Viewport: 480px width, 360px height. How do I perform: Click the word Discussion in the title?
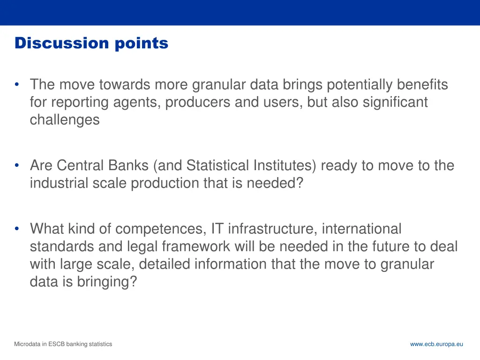click(62, 43)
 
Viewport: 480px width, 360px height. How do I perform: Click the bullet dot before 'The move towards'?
click(17, 84)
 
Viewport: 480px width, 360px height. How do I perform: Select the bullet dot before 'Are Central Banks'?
click(17, 165)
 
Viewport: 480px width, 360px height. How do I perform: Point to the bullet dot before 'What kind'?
click(17, 228)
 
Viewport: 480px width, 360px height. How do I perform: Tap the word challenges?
click(65, 120)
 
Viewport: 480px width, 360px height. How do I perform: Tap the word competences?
click(159, 229)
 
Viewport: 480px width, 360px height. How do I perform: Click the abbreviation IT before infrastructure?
click(217, 229)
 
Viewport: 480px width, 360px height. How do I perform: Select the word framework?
click(196, 246)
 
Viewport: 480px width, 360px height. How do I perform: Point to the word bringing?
click(104, 282)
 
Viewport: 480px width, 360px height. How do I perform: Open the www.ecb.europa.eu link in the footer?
click(436, 344)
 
